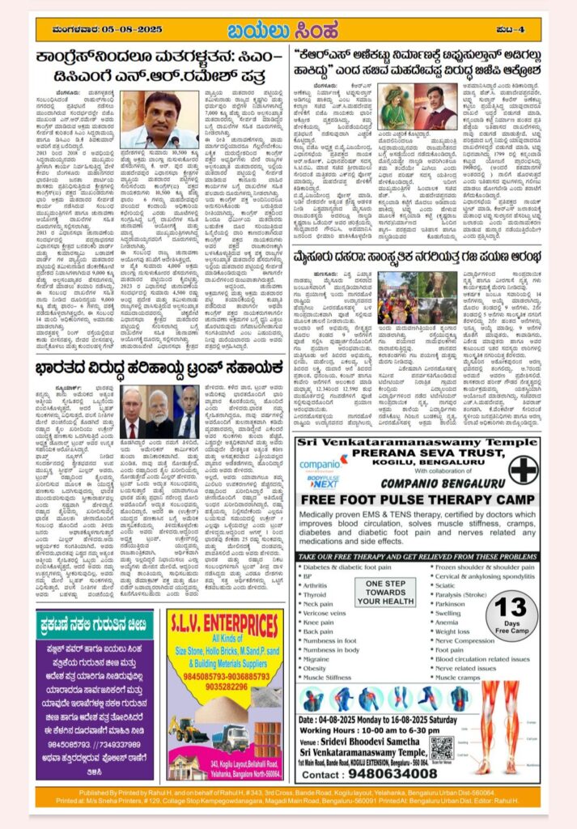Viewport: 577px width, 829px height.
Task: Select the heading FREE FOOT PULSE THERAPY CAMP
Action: click(418, 500)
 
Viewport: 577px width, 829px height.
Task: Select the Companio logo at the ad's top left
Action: click(321, 466)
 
